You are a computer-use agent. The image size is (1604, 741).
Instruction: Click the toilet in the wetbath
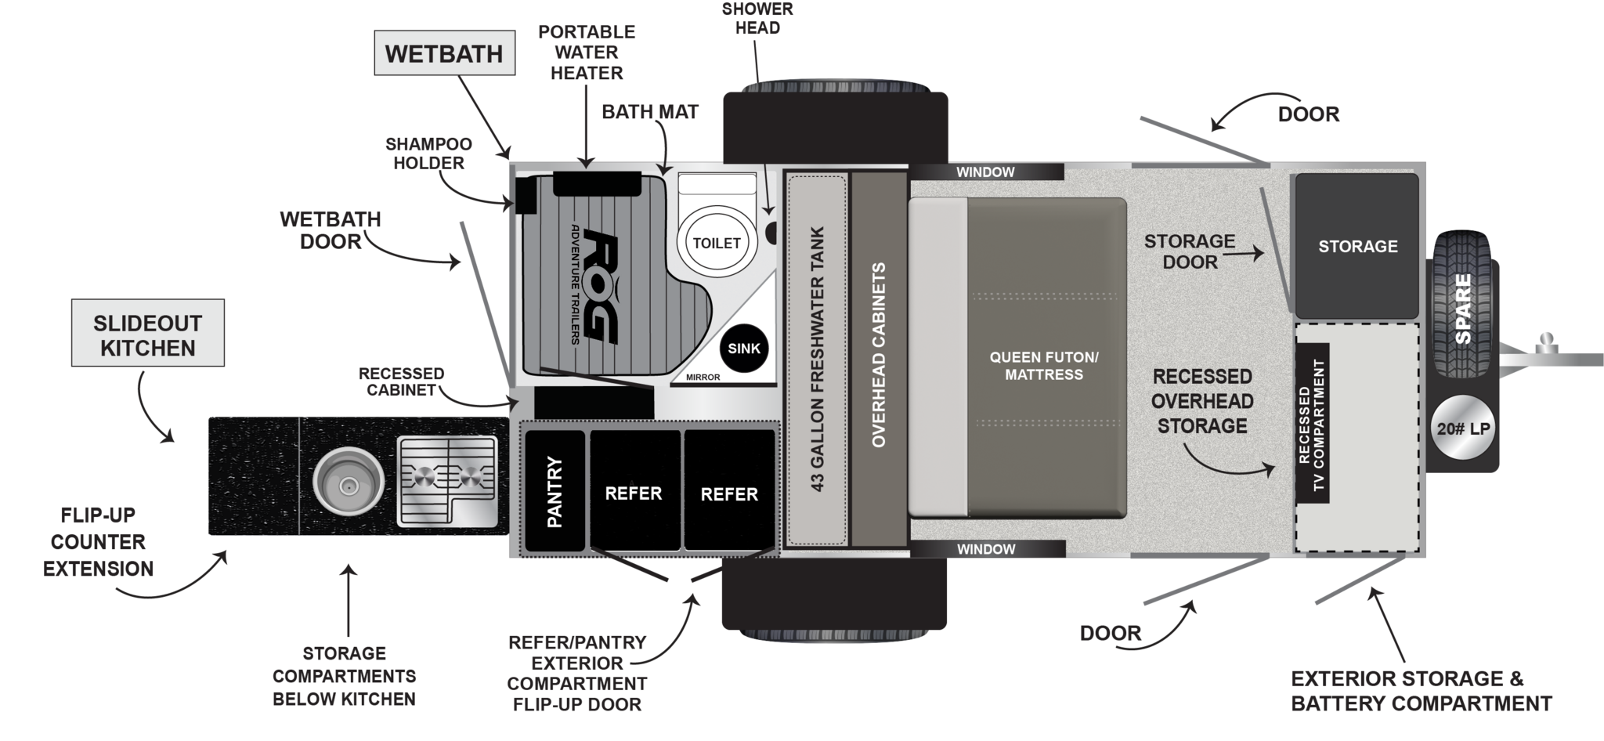pos(716,242)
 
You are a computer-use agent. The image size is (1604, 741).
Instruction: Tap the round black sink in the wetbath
pos(743,349)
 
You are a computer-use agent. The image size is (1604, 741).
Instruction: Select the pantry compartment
pos(555,491)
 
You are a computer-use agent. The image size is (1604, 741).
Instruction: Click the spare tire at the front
pos(1462,305)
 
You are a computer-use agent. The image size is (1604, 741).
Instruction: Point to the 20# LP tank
pos(1463,428)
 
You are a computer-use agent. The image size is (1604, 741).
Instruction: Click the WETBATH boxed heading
pos(444,53)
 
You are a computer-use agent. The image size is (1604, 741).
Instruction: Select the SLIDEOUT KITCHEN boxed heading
pos(148,334)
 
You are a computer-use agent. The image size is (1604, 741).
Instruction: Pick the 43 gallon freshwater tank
pos(817,360)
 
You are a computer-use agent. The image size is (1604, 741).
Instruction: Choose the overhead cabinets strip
pos(878,356)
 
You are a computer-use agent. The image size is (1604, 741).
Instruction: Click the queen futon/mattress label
pos(1044,366)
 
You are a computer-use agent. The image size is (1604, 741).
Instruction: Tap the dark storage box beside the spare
pos(1357,246)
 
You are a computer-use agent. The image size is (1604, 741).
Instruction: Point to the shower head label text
pos(757,18)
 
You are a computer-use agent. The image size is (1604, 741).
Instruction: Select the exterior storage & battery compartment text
pos(1421,691)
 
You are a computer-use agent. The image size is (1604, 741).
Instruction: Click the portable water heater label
pos(587,52)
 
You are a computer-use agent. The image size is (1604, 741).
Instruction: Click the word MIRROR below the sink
pos(703,378)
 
